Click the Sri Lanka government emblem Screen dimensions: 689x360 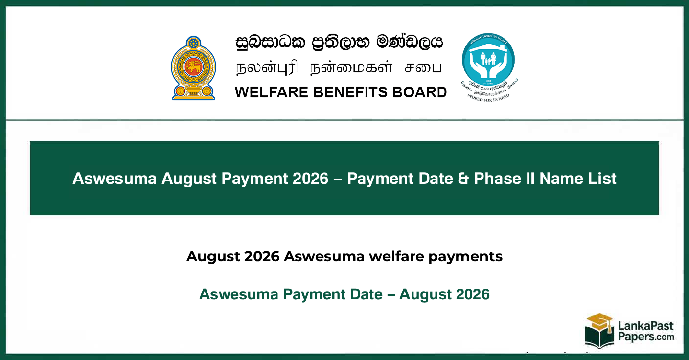[x=193, y=68]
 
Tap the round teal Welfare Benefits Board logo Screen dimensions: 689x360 [x=488, y=60]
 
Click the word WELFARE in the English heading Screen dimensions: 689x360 [x=271, y=92]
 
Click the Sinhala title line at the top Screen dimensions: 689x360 [x=339, y=43]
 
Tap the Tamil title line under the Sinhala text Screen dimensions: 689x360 [x=339, y=67]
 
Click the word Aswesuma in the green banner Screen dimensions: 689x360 [x=115, y=179]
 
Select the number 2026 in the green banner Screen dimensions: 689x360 [x=310, y=179]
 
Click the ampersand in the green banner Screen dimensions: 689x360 [x=463, y=179]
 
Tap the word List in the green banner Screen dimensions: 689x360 [x=602, y=179]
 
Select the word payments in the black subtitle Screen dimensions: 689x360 [x=465, y=257]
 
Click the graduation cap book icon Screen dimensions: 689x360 [x=599, y=331]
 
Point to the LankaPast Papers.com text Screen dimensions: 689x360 [x=646, y=332]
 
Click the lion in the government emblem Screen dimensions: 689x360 [x=193, y=67]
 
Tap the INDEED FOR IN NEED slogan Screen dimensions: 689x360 [x=488, y=98]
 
